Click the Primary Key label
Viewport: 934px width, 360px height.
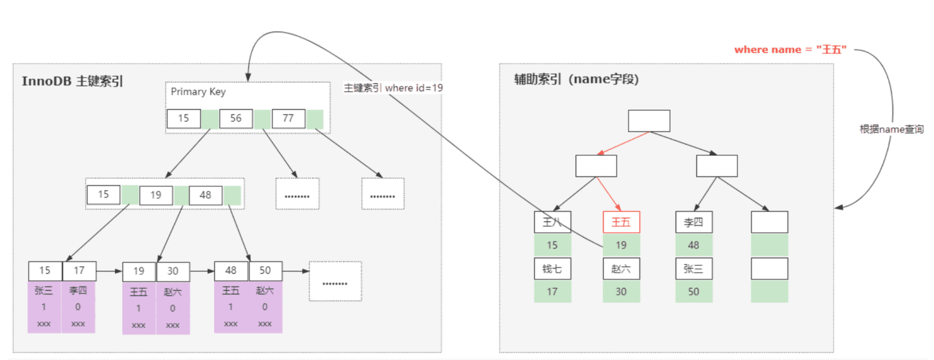click(198, 92)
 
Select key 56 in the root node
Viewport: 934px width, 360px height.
click(236, 119)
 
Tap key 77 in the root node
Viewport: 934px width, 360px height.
click(288, 119)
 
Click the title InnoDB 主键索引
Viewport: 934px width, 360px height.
click(72, 81)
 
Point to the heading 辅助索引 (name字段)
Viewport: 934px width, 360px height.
click(576, 79)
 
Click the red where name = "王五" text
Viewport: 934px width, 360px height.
click(790, 50)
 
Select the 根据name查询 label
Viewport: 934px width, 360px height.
click(891, 129)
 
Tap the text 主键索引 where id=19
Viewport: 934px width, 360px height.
click(393, 88)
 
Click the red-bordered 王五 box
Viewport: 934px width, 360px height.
click(621, 222)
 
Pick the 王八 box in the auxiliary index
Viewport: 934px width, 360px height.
click(552, 222)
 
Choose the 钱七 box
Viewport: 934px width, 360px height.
click(552, 269)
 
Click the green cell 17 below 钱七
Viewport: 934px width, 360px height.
click(552, 291)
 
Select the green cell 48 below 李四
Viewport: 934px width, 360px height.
click(694, 245)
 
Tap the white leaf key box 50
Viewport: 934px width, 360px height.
click(266, 271)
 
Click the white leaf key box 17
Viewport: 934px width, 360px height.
click(79, 271)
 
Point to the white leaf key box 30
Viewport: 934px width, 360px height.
click(173, 272)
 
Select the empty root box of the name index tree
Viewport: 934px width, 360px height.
click(649, 121)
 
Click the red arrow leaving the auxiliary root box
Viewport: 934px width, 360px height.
click(623, 144)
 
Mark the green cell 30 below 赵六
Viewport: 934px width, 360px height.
click(621, 291)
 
